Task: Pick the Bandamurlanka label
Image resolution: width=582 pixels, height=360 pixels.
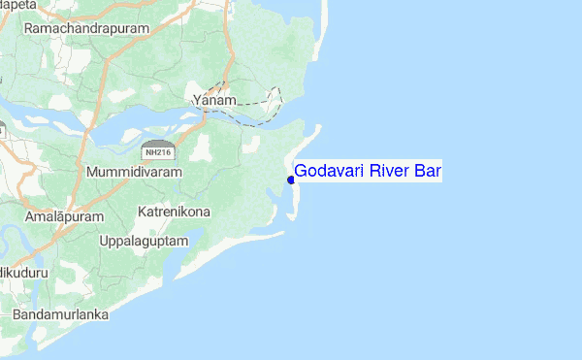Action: (60, 315)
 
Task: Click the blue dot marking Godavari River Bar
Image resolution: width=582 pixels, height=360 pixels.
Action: (291, 179)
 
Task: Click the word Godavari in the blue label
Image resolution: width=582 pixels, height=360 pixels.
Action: (328, 172)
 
